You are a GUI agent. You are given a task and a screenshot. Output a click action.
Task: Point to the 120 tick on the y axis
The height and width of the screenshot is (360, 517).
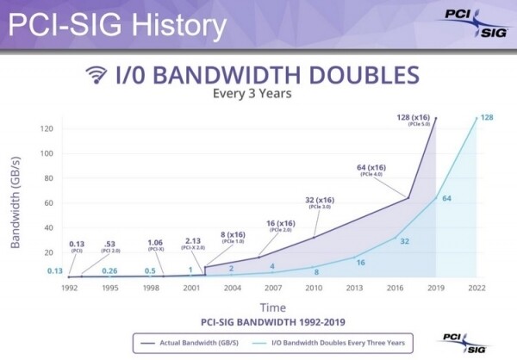(x=48, y=128)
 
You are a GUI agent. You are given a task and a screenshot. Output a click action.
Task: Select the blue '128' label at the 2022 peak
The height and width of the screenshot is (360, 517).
(x=486, y=117)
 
